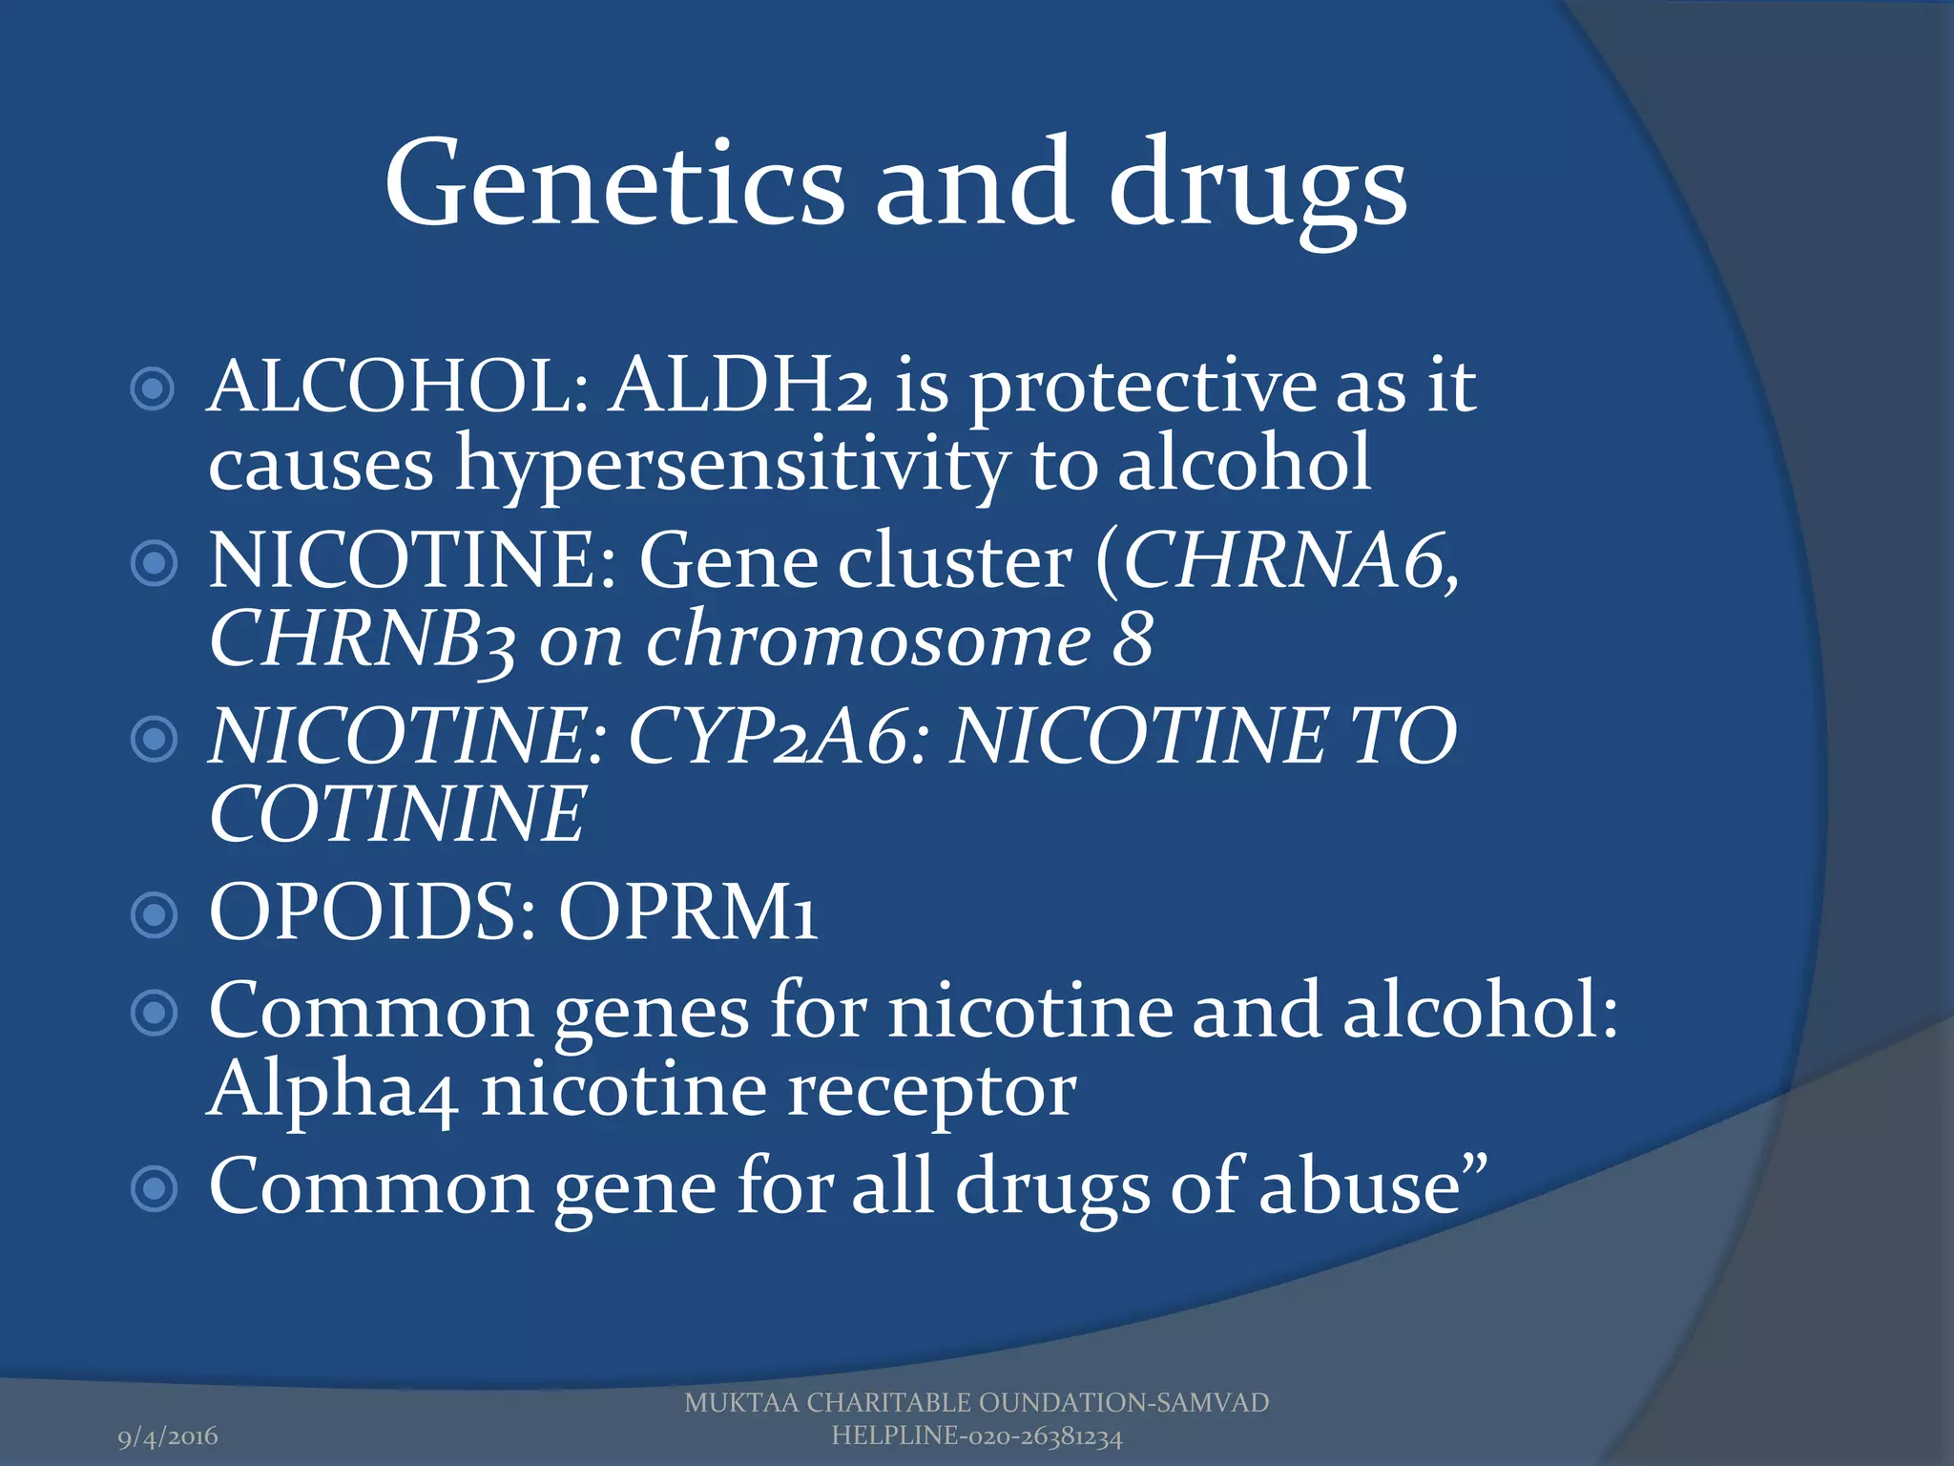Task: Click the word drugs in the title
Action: pyautogui.click(x=1257, y=186)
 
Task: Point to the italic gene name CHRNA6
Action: pyautogui.click(x=1289, y=560)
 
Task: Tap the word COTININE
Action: pyautogui.click(x=397, y=814)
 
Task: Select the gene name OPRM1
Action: pyautogui.click(x=687, y=911)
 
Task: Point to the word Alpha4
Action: pyautogui.click(x=332, y=1090)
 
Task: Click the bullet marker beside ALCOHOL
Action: pyautogui.click(x=153, y=389)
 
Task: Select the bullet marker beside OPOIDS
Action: pyautogui.click(x=154, y=914)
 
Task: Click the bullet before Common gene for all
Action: pyautogui.click(x=154, y=1189)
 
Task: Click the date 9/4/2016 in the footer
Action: pyautogui.click(x=168, y=1436)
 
